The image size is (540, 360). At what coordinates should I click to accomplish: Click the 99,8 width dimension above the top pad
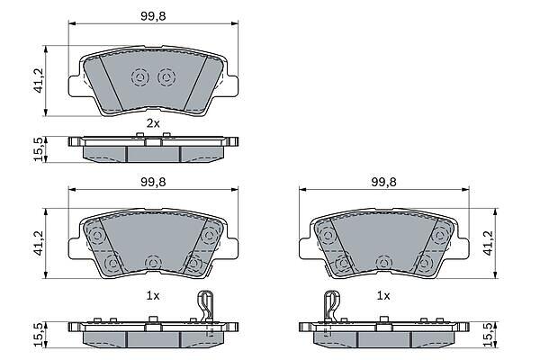click(x=153, y=16)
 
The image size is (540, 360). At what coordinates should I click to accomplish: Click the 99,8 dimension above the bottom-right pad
click(x=383, y=182)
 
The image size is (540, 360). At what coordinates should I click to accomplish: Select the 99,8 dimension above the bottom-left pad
click(x=153, y=182)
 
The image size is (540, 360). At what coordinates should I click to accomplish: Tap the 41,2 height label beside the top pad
click(x=39, y=80)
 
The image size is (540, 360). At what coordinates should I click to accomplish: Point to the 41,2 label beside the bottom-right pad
click(x=489, y=243)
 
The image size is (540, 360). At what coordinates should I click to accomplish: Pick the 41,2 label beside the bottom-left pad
click(x=39, y=243)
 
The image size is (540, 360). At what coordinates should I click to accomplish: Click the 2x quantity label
click(x=153, y=123)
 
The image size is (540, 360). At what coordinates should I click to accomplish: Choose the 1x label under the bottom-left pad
click(x=153, y=295)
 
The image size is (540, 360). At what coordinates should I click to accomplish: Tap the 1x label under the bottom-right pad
click(x=383, y=295)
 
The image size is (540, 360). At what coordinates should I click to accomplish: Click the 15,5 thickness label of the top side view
click(x=39, y=149)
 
